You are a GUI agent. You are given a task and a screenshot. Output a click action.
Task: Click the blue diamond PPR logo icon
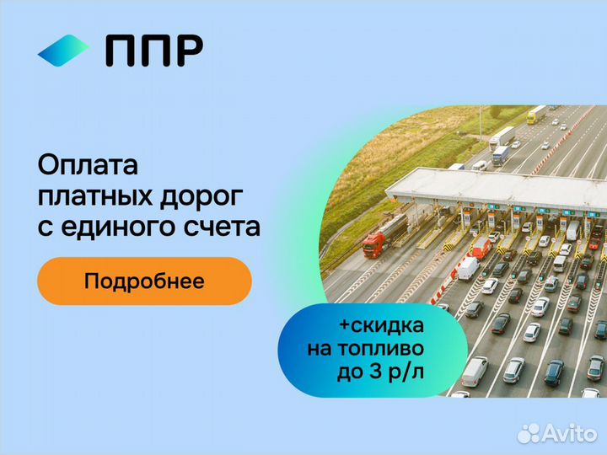point(63,51)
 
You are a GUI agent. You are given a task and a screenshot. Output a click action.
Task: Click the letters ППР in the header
point(153,51)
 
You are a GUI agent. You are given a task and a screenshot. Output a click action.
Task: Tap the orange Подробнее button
point(144,281)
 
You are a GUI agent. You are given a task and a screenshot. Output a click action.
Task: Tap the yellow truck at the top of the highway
point(536,115)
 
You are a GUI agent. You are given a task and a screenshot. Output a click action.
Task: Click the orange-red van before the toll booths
point(479,246)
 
